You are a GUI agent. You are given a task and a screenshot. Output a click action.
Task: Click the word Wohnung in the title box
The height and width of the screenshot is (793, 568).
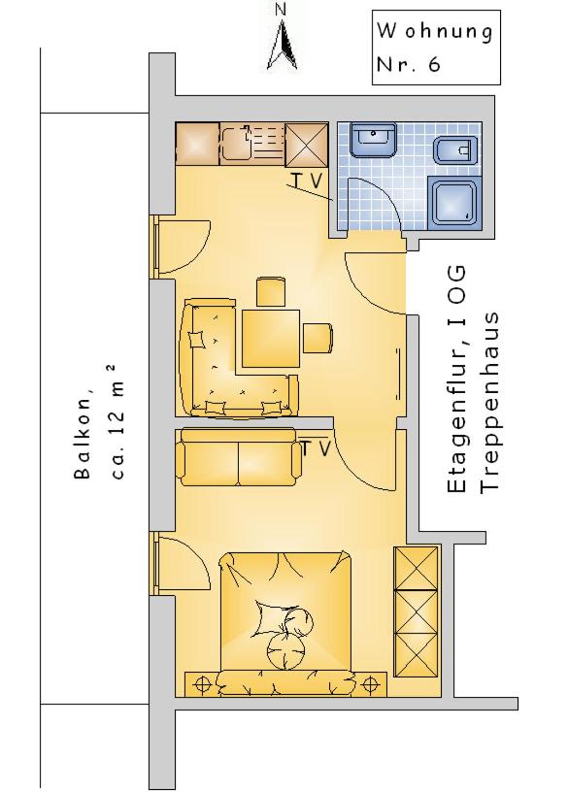[x=434, y=32]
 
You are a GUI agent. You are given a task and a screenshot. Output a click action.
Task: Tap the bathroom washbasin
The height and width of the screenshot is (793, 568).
[x=374, y=140]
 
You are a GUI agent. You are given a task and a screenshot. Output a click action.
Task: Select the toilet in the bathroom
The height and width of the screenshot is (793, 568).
[x=455, y=150]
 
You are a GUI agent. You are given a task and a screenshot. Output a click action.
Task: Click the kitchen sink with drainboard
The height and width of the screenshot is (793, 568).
[x=251, y=144]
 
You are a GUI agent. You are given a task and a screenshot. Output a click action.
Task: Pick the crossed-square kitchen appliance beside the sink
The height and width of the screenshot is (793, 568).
[x=307, y=145]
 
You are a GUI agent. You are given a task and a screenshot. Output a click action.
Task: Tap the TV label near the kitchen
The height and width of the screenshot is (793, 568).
[x=307, y=181]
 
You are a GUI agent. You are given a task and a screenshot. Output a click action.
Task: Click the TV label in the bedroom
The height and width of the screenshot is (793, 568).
[x=317, y=448]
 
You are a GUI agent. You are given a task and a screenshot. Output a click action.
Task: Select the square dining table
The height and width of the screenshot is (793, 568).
[x=271, y=339]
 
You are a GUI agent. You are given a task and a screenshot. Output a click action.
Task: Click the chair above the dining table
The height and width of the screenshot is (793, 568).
[x=271, y=292]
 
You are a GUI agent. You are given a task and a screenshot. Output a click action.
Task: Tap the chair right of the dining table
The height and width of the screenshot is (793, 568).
[x=317, y=338]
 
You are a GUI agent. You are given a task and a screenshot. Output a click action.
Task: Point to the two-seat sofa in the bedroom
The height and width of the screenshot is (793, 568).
[x=238, y=457]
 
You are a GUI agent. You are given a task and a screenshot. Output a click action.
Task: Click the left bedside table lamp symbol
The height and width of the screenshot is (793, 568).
[x=203, y=684]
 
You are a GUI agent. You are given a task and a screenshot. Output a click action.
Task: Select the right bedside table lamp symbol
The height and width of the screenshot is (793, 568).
[x=371, y=684]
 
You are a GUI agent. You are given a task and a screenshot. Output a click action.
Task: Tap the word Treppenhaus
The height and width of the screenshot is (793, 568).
[x=489, y=402]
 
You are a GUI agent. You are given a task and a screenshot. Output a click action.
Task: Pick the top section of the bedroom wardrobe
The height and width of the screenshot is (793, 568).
[x=416, y=568]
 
